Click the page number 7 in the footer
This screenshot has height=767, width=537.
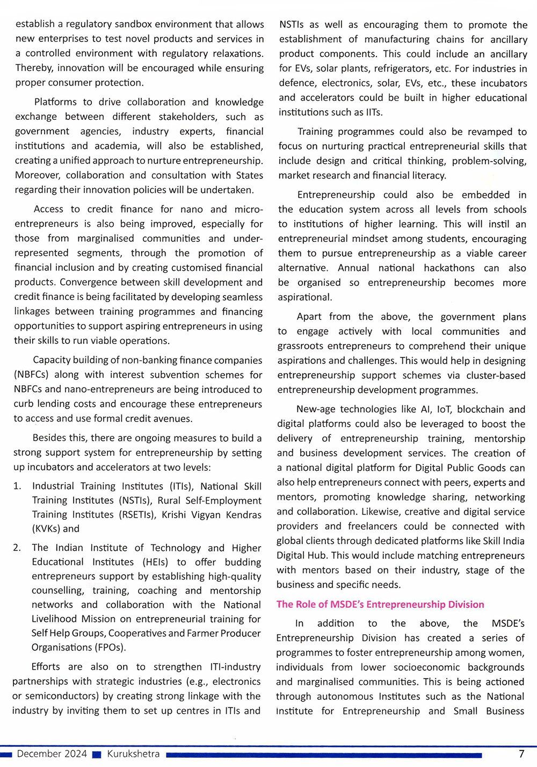pos(521,754)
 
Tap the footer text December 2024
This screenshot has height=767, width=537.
pos(52,754)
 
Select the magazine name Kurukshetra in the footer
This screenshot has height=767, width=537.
pos(133,754)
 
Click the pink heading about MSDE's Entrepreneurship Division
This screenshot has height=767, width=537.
pos(380,604)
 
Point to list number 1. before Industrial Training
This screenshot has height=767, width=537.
pos(17,486)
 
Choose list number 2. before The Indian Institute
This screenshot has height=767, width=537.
pos(17,548)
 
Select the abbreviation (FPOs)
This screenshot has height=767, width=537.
pos(108,647)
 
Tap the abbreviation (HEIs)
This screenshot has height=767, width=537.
pos(155,562)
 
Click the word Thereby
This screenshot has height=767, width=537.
pos(34,68)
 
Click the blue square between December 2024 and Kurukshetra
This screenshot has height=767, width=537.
pos(97,755)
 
